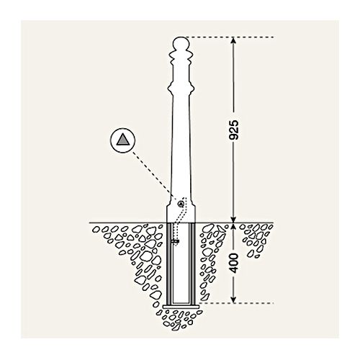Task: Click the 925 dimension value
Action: [233, 130]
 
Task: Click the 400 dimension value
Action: [234, 263]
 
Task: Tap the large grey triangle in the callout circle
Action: [123, 140]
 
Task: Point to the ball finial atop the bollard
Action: [181, 43]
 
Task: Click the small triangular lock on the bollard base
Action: [181, 204]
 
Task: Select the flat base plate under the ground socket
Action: [181, 307]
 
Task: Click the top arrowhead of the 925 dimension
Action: [233, 41]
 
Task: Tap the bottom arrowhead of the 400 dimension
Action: [233, 300]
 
